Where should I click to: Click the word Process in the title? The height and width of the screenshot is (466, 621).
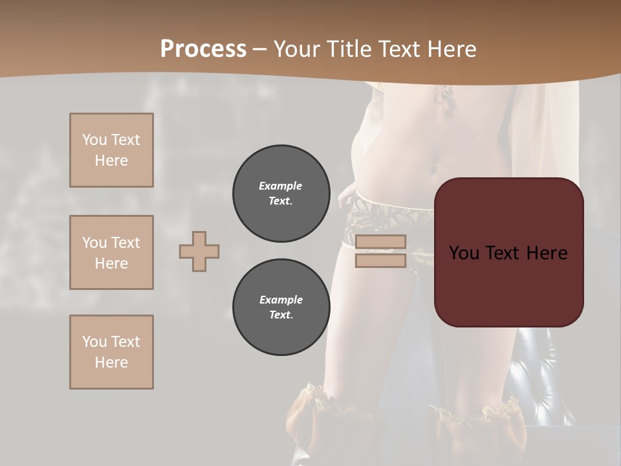(x=203, y=49)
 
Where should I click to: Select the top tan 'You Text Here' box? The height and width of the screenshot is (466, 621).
(x=111, y=150)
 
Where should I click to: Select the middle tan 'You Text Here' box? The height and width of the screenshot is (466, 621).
(x=111, y=252)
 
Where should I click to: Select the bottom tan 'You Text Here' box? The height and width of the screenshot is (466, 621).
(x=111, y=352)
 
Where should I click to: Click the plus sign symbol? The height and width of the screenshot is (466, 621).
(x=199, y=251)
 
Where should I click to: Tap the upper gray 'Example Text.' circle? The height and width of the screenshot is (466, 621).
(x=281, y=194)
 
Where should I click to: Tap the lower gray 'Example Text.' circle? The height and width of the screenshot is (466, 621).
(x=281, y=307)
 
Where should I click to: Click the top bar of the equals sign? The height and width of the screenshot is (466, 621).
(x=381, y=242)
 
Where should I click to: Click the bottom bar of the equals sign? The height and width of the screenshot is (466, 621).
(x=381, y=260)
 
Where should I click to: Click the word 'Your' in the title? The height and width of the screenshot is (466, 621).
(x=298, y=49)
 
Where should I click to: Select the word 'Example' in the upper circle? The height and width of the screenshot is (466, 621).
(x=280, y=186)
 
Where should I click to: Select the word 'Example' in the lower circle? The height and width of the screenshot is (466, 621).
(x=281, y=300)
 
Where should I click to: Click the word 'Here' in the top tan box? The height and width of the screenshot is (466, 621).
(x=111, y=161)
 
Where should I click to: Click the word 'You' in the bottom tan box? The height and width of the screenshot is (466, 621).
(x=94, y=342)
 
